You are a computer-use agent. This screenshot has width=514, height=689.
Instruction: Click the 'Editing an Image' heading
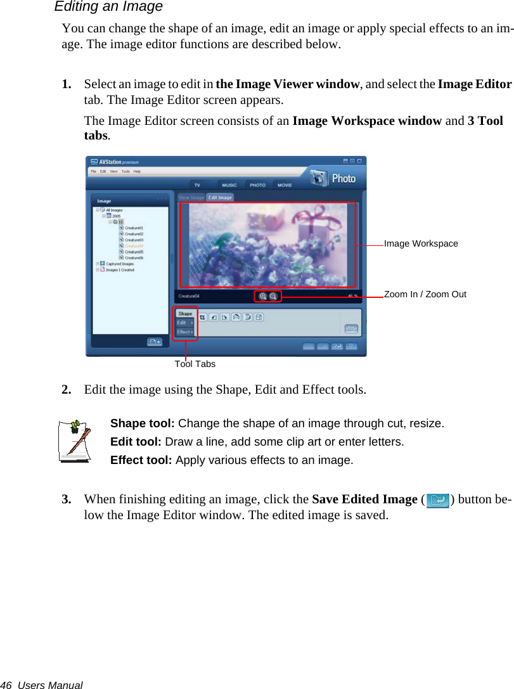click(x=108, y=7)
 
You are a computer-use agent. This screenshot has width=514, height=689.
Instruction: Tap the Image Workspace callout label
click(x=421, y=243)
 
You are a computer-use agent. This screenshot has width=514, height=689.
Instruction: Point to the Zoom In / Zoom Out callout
click(x=425, y=294)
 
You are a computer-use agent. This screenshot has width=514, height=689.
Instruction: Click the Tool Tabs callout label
click(x=195, y=364)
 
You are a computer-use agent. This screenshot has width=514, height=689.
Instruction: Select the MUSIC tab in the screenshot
click(x=229, y=185)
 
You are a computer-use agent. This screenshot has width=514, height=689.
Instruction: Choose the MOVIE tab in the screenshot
click(x=285, y=185)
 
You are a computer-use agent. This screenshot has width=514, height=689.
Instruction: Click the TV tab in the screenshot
click(x=197, y=185)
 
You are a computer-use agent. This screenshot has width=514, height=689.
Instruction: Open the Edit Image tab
click(x=221, y=198)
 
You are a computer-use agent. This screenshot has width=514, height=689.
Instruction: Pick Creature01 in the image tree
click(x=134, y=228)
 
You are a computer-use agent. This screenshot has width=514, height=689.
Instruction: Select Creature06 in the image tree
click(x=134, y=258)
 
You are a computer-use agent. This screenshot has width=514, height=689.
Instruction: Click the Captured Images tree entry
click(x=119, y=264)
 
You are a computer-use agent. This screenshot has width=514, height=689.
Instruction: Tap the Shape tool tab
click(x=185, y=314)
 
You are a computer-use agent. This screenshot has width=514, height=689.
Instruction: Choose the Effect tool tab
click(x=184, y=332)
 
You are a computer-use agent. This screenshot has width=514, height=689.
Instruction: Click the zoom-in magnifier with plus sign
click(x=263, y=296)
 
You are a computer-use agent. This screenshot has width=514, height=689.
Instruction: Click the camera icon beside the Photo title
click(x=321, y=178)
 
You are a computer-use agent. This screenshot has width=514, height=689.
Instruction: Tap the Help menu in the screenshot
click(x=137, y=171)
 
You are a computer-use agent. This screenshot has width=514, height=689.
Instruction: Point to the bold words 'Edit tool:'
click(x=136, y=442)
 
